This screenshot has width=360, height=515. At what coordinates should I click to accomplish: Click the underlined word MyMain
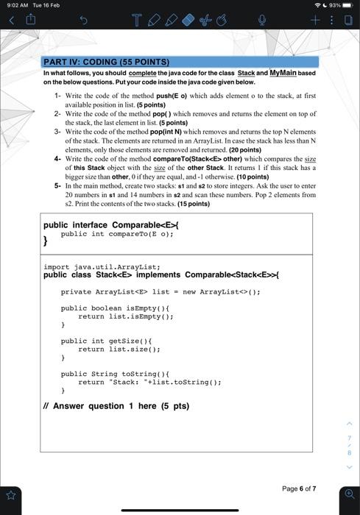[x=284, y=73]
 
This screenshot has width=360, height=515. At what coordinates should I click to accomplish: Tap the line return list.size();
[x=116, y=349]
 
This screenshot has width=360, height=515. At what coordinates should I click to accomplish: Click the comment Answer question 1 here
[x=116, y=405]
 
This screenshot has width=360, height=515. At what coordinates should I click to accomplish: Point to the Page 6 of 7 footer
[x=298, y=489]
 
